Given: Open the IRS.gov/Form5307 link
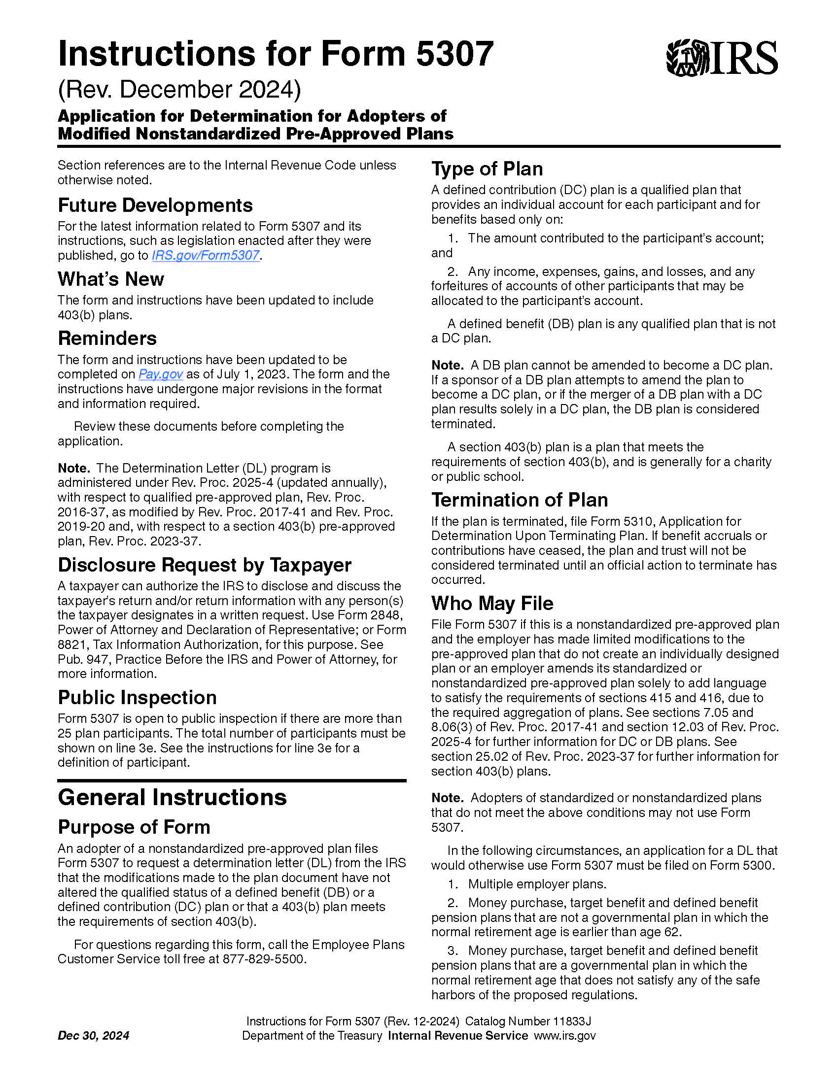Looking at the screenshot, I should [x=205, y=255].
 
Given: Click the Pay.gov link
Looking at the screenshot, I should [x=160, y=374].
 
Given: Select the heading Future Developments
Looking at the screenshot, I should [x=155, y=205].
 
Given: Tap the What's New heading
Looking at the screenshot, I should [x=111, y=279].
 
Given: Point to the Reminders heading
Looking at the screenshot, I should [x=107, y=338].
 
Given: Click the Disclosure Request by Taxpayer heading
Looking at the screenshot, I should [x=205, y=565].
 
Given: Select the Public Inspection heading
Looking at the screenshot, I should [x=137, y=697].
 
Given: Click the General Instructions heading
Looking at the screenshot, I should [x=172, y=798].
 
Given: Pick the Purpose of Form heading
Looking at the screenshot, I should [x=134, y=827].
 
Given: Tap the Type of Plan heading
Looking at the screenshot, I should [x=487, y=169].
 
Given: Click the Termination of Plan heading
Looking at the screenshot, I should [x=519, y=500].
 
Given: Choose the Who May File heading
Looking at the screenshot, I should [x=492, y=603].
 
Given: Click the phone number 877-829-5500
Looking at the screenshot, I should [x=263, y=959].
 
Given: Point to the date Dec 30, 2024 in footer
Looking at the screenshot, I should [x=93, y=1035].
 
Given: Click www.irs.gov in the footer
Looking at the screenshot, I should [x=564, y=1035].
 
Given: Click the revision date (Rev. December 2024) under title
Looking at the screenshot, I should [x=179, y=89].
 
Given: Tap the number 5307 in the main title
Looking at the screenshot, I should [x=454, y=54].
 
